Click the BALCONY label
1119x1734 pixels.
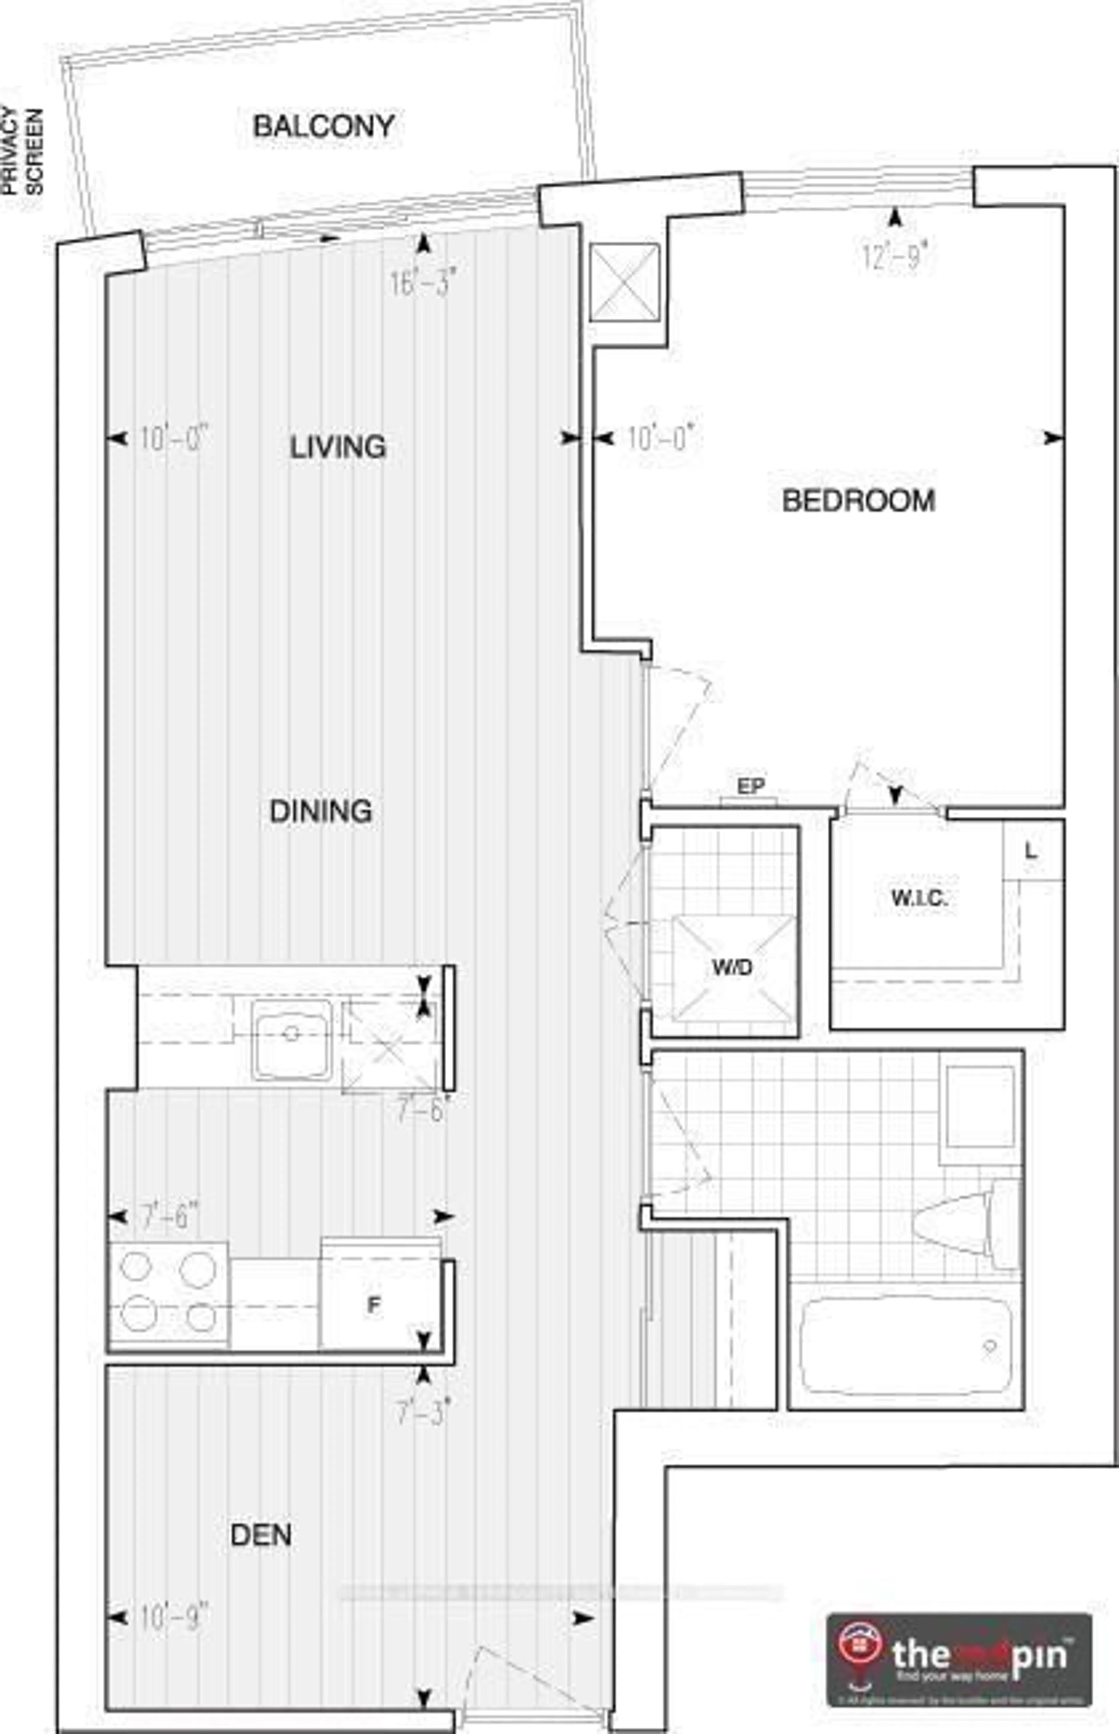(x=323, y=126)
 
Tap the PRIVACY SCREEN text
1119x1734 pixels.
(x=22, y=151)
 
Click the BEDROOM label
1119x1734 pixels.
(x=858, y=501)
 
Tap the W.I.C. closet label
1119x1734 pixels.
(x=919, y=898)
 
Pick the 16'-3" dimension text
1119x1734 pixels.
(x=423, y=282)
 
